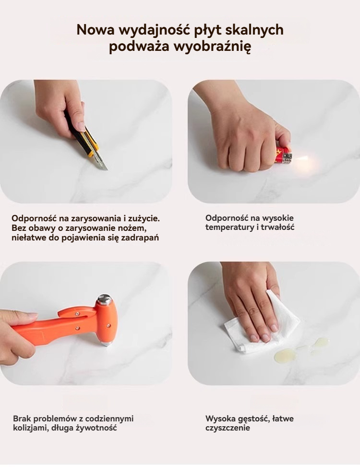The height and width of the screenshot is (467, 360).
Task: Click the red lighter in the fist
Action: pos(283,156)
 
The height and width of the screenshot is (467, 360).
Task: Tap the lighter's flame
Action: pos(301,159)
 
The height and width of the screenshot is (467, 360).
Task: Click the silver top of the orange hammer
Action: pos(105,299)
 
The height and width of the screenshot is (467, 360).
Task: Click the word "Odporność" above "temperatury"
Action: pos(227,218)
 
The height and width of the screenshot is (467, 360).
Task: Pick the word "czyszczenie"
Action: pos(228,428)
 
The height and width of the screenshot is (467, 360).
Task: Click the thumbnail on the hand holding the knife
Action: pos(81,126)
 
